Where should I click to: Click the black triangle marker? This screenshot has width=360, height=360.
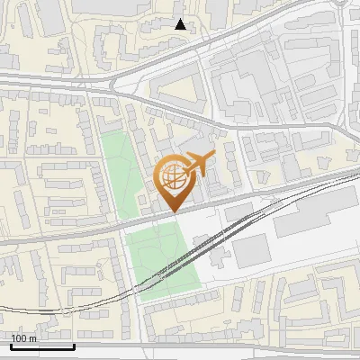coord(181,24)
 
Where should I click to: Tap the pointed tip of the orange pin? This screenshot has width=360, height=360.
coord(174,211)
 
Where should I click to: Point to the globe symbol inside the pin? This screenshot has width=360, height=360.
coord(173,177)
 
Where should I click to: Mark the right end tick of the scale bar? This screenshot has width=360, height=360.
coord(73,345)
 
